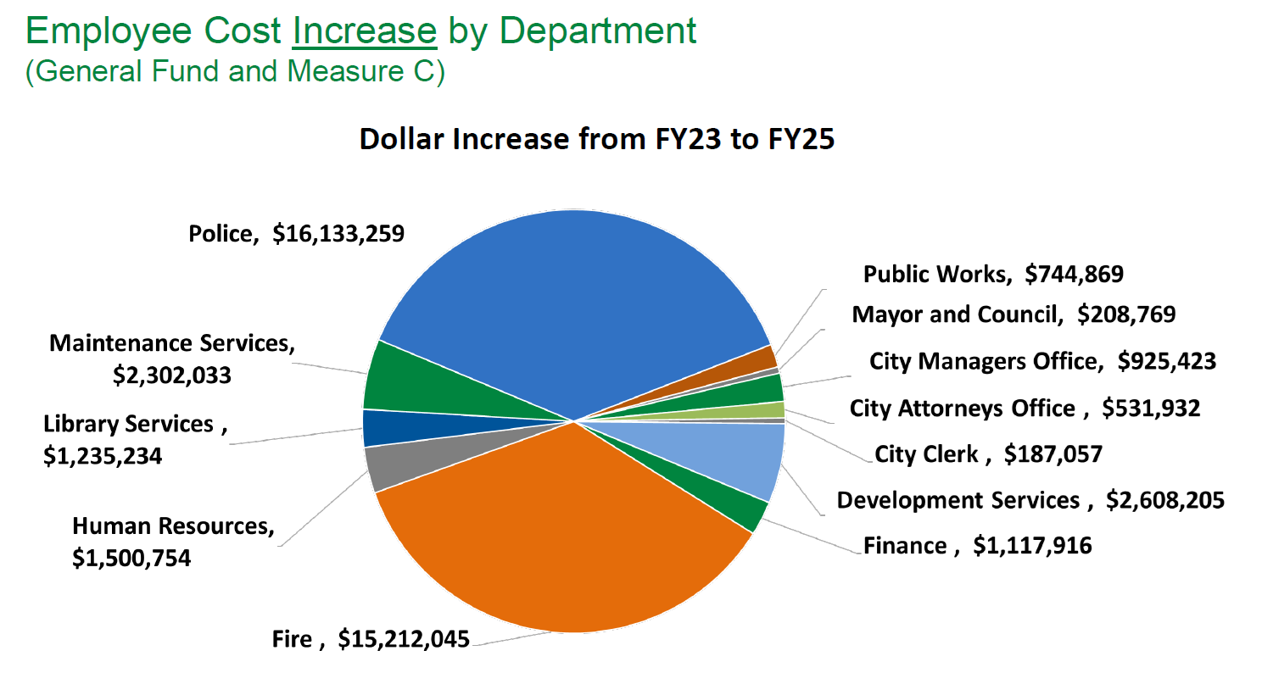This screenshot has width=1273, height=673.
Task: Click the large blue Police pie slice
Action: pos(577,305)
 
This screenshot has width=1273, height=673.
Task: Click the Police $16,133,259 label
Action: pos(296,234)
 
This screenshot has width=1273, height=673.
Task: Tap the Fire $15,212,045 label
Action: pos(371,639)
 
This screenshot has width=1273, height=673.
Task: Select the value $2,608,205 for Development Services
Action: pos(1164,500)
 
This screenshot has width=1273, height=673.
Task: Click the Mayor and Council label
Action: pos(958,314)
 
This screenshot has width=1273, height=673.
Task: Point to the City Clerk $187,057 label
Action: pos(988,454)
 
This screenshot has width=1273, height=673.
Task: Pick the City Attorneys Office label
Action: pos(962,409)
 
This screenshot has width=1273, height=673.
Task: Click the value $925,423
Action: pos(1166,361)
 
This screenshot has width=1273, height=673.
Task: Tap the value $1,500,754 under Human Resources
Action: pos(131,558)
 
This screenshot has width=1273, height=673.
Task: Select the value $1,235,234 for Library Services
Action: pos(103,455)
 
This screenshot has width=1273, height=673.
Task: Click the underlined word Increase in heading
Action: pos(364,31)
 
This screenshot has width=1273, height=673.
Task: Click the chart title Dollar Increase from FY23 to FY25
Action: pos(598,139)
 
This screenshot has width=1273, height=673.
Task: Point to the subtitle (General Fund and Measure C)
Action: pos(235,71)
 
